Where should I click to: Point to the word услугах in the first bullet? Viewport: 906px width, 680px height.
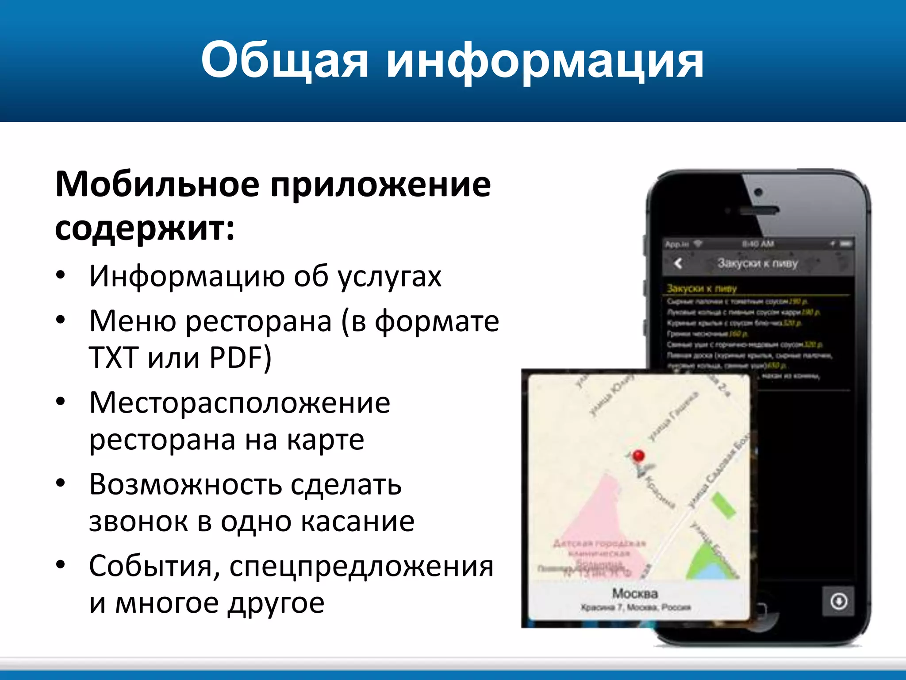(389, 276)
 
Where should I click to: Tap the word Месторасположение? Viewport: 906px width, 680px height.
(239, 403)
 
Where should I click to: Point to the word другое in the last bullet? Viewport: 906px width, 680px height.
(276, 603)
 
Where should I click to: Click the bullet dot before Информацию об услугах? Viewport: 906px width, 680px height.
(61, 275)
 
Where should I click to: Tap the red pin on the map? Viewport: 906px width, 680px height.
(638, 456)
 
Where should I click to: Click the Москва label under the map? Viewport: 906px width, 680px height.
(635, 593)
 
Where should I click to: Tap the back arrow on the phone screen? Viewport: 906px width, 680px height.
(678, 263)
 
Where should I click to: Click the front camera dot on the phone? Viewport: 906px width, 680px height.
(758, 192)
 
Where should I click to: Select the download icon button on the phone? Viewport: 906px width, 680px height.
(838, 601)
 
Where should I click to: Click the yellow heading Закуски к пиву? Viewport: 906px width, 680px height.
(702, 289)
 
